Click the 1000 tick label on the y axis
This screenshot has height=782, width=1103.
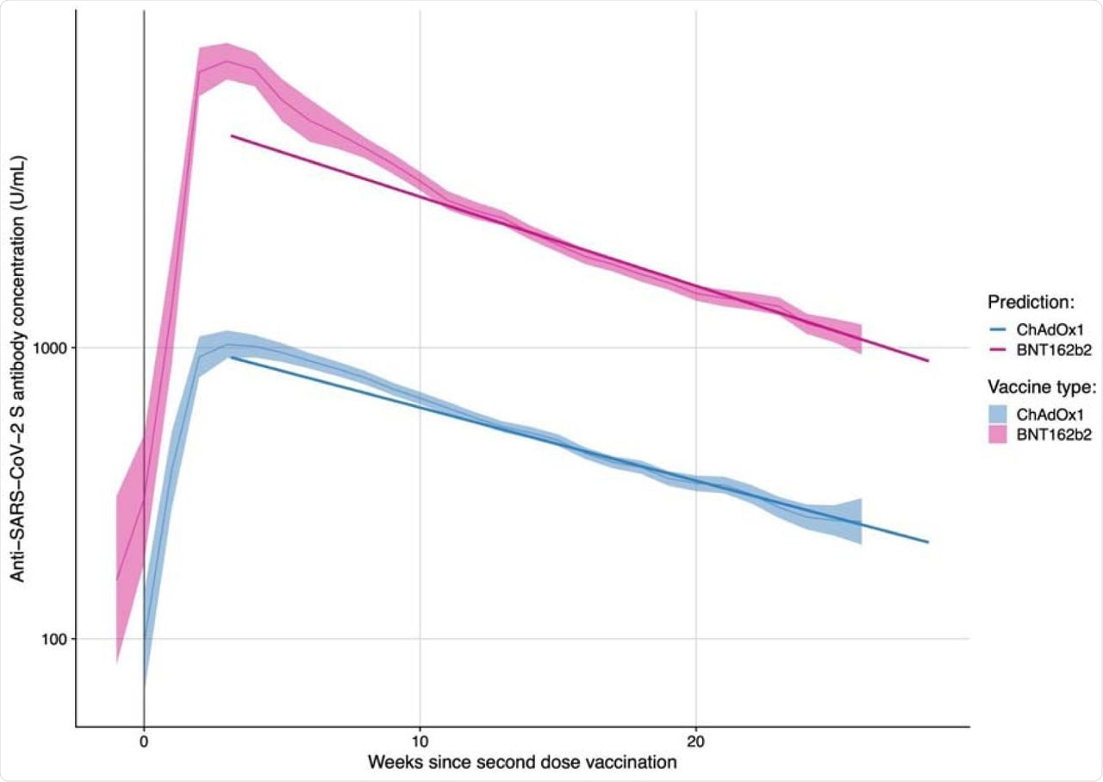[x=55, y=348]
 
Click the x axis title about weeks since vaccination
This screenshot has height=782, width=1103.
[x=522, y=763]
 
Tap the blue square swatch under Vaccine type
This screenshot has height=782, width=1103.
[x=1000, y=414]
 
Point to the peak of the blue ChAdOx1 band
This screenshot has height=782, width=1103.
[x=227, y=344]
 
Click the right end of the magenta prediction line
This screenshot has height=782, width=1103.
[x=928, y=360]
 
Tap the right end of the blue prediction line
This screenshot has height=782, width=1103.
[x=928, y=542]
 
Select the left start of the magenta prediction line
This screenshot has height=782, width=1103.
[x=232, y=136]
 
